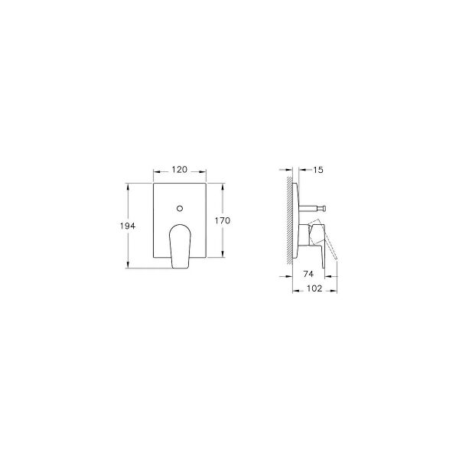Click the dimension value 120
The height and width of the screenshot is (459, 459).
(179, 170)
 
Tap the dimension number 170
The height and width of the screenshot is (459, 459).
(223, 220)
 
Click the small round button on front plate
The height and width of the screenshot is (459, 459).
(178, 207)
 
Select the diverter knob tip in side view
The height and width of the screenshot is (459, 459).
(324, 207)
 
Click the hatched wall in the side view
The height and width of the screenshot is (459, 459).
(289, 222)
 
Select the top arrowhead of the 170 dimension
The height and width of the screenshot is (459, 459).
(223, 185)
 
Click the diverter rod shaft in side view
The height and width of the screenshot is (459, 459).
(310, 207)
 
